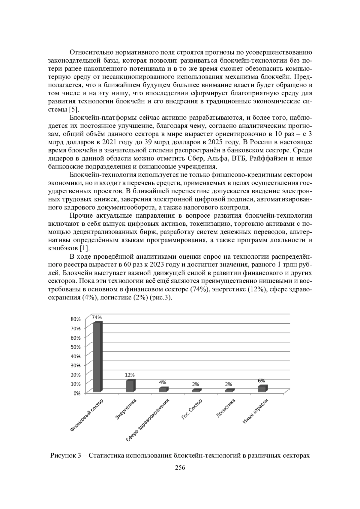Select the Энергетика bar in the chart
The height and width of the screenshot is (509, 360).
pos(130,386)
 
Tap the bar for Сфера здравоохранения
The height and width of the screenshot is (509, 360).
pos(163,390)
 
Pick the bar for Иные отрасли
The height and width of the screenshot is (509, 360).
pos(262,389)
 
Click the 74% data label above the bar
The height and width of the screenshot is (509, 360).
pos(97,317)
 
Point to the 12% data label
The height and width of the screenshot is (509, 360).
pos(130,375)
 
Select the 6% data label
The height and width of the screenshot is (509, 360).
pos(262,380)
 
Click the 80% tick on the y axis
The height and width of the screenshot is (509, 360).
pos(76,319)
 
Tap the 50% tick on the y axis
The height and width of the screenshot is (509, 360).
pos(76,347)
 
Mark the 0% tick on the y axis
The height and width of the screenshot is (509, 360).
pos(77,393)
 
